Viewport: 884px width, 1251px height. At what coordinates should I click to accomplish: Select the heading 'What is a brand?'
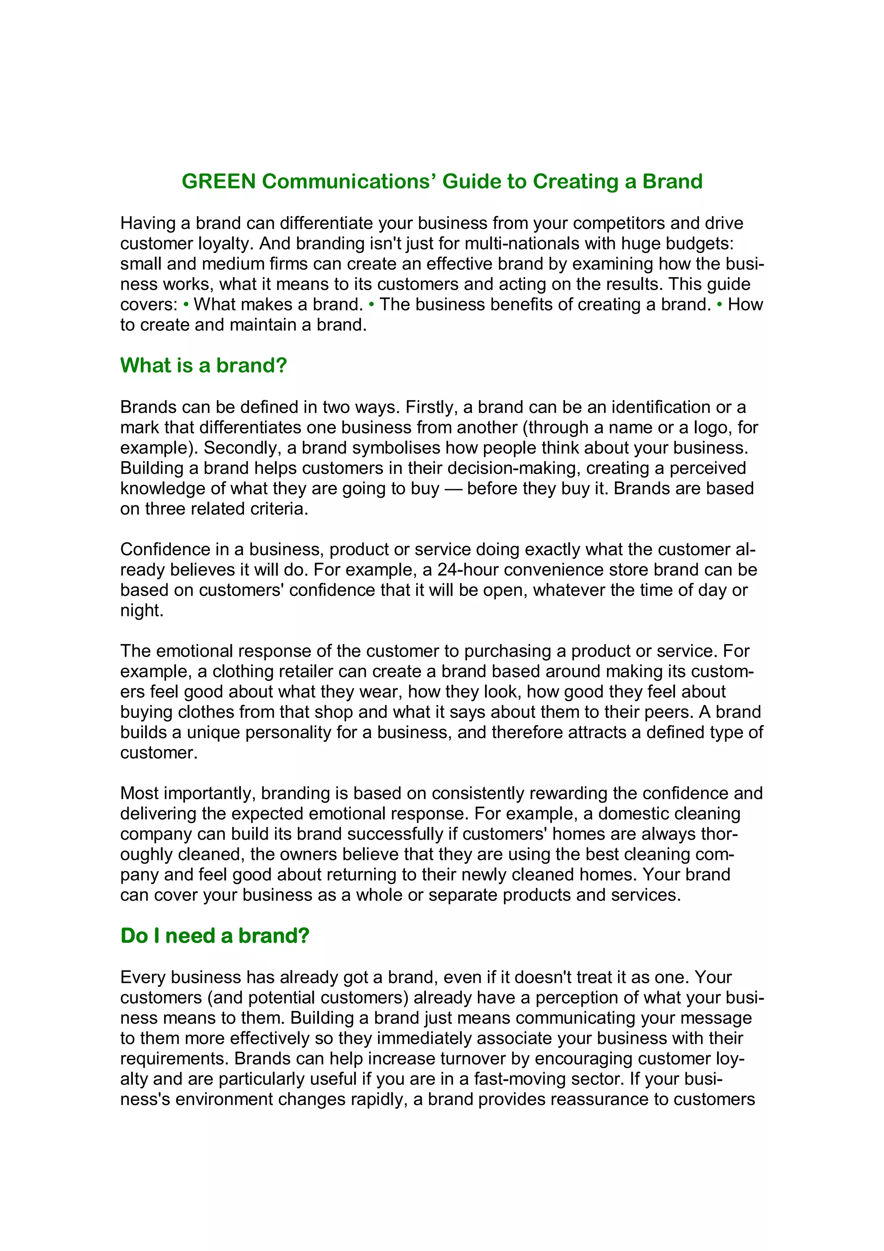(x=203, y=365)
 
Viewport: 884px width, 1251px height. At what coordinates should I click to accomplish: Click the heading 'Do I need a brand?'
(x=215, y=935)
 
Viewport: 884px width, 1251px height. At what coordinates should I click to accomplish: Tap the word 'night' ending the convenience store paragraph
(x=141, y=610)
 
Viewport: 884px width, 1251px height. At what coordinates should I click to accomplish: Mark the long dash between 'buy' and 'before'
(x=453, y=489)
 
